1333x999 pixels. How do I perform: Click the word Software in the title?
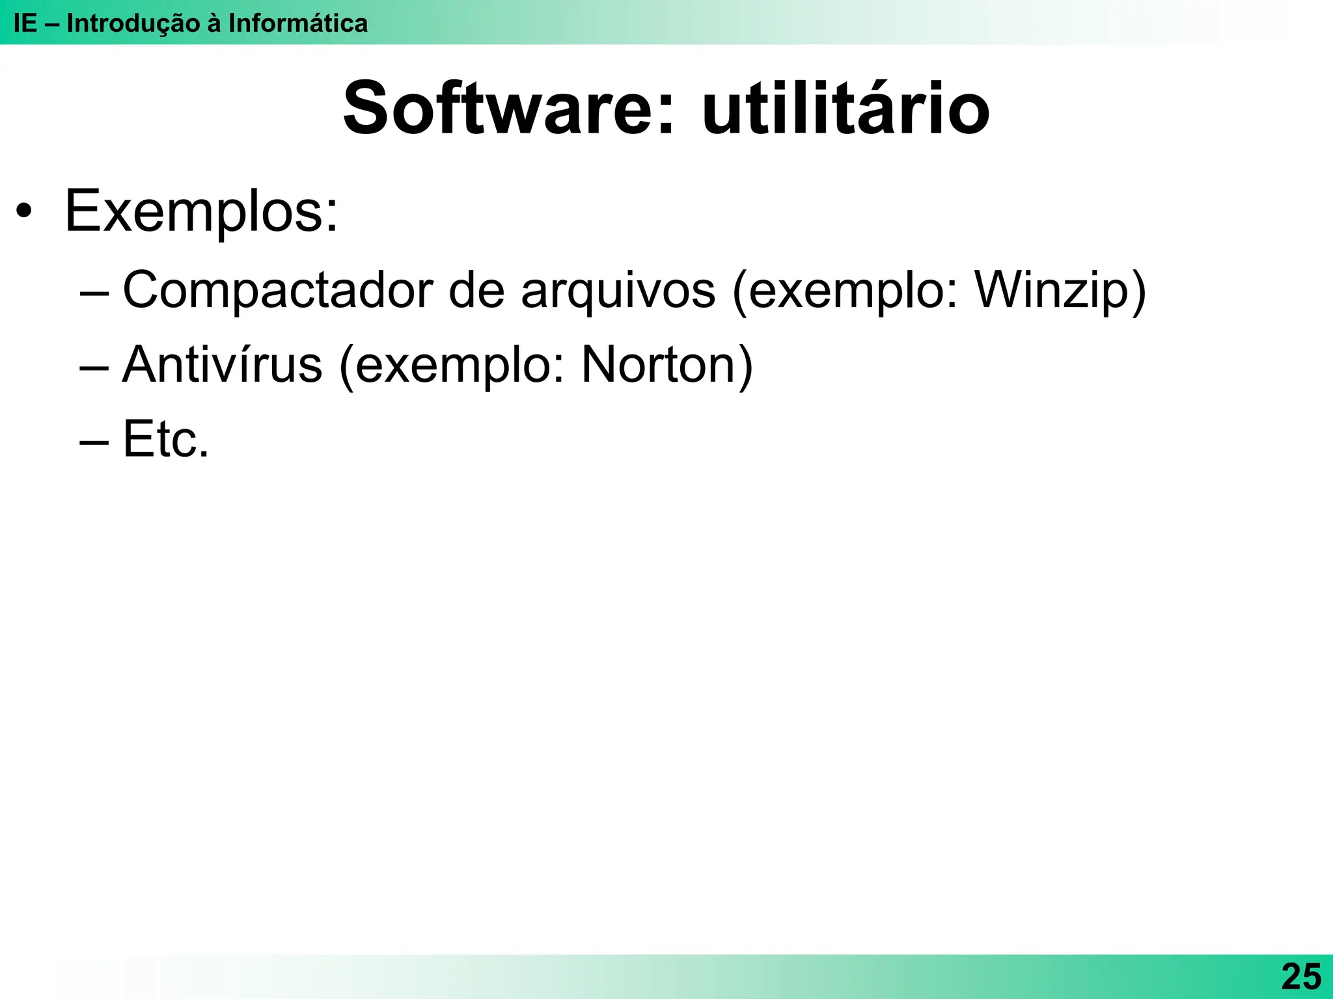[501, 109]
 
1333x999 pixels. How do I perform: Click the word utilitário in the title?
[846, 109]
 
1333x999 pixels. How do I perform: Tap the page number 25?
[1301, 976]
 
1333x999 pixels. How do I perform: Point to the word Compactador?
[277, 290]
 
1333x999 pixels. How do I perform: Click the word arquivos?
[618, 290]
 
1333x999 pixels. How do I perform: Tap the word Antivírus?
[222, 365]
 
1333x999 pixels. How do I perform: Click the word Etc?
[165, 440]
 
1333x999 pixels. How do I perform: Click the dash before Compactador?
[94, 293]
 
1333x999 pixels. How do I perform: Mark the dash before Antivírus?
[94, 367]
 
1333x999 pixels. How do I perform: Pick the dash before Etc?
[94, 442]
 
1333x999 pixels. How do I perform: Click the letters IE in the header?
[25, 23]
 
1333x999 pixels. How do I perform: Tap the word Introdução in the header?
[133, 23]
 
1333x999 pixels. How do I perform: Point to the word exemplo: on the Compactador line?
[853, 290]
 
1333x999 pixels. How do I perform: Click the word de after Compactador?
[476, 290]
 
